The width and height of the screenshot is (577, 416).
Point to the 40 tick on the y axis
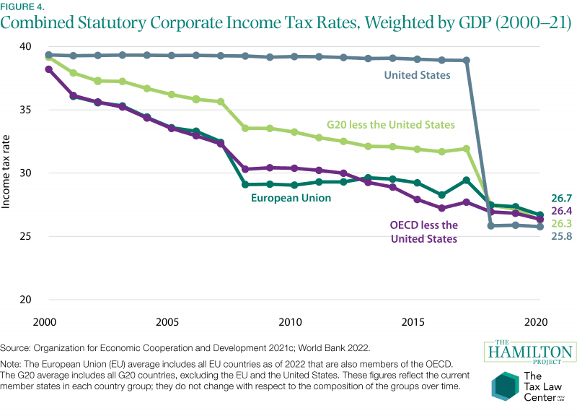[25, 46]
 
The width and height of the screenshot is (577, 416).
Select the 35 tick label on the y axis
[25, 110]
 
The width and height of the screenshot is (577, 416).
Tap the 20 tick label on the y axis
[25, 300]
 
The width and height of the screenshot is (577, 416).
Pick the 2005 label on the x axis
[167, 321]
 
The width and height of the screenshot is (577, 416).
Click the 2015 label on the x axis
[413, 321]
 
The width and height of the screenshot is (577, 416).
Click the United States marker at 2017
[467, 61]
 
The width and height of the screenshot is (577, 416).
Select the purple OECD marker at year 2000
[48, 69]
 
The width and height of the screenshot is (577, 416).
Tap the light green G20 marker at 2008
[245, 129]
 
